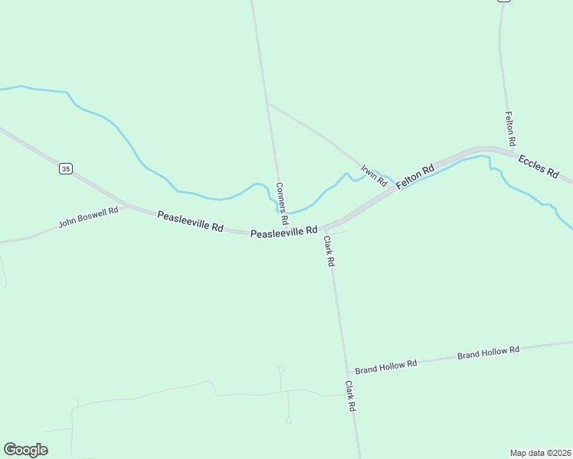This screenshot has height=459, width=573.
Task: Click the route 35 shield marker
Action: point(67,168)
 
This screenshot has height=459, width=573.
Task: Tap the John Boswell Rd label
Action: point(88,217)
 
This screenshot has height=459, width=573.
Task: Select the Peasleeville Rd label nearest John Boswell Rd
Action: point(190,222)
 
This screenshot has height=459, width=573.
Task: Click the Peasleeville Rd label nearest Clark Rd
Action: point(283,231)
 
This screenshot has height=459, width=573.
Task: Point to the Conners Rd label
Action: point(281,203)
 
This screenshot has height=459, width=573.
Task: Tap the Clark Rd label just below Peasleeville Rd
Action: point(329,251)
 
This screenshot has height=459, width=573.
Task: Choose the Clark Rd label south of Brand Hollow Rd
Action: point(350,396)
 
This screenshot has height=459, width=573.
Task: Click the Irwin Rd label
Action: point(375,176)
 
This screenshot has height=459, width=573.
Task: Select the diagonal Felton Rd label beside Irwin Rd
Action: point(415,177)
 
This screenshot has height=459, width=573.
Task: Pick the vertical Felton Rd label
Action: point(510,129)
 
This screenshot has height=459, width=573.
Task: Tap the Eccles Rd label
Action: point(539,166)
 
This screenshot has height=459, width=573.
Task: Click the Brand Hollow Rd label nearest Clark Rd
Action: point(385,366)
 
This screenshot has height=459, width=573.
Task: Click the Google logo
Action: point(25,450)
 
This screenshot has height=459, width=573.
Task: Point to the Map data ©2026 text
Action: point(541,452)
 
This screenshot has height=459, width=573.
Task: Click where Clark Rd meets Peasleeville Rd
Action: point(322,228)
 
